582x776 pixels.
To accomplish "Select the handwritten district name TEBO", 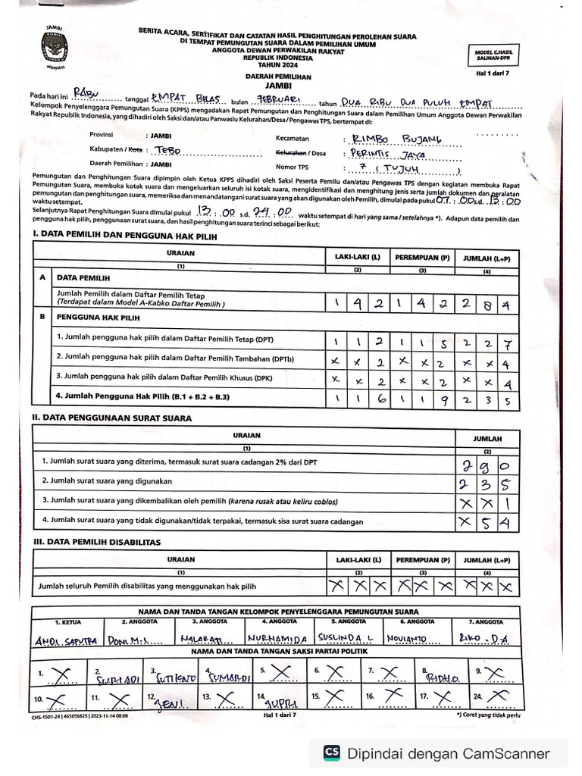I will click(167, 150).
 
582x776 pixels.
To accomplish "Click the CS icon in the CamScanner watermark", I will click(331, 753).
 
